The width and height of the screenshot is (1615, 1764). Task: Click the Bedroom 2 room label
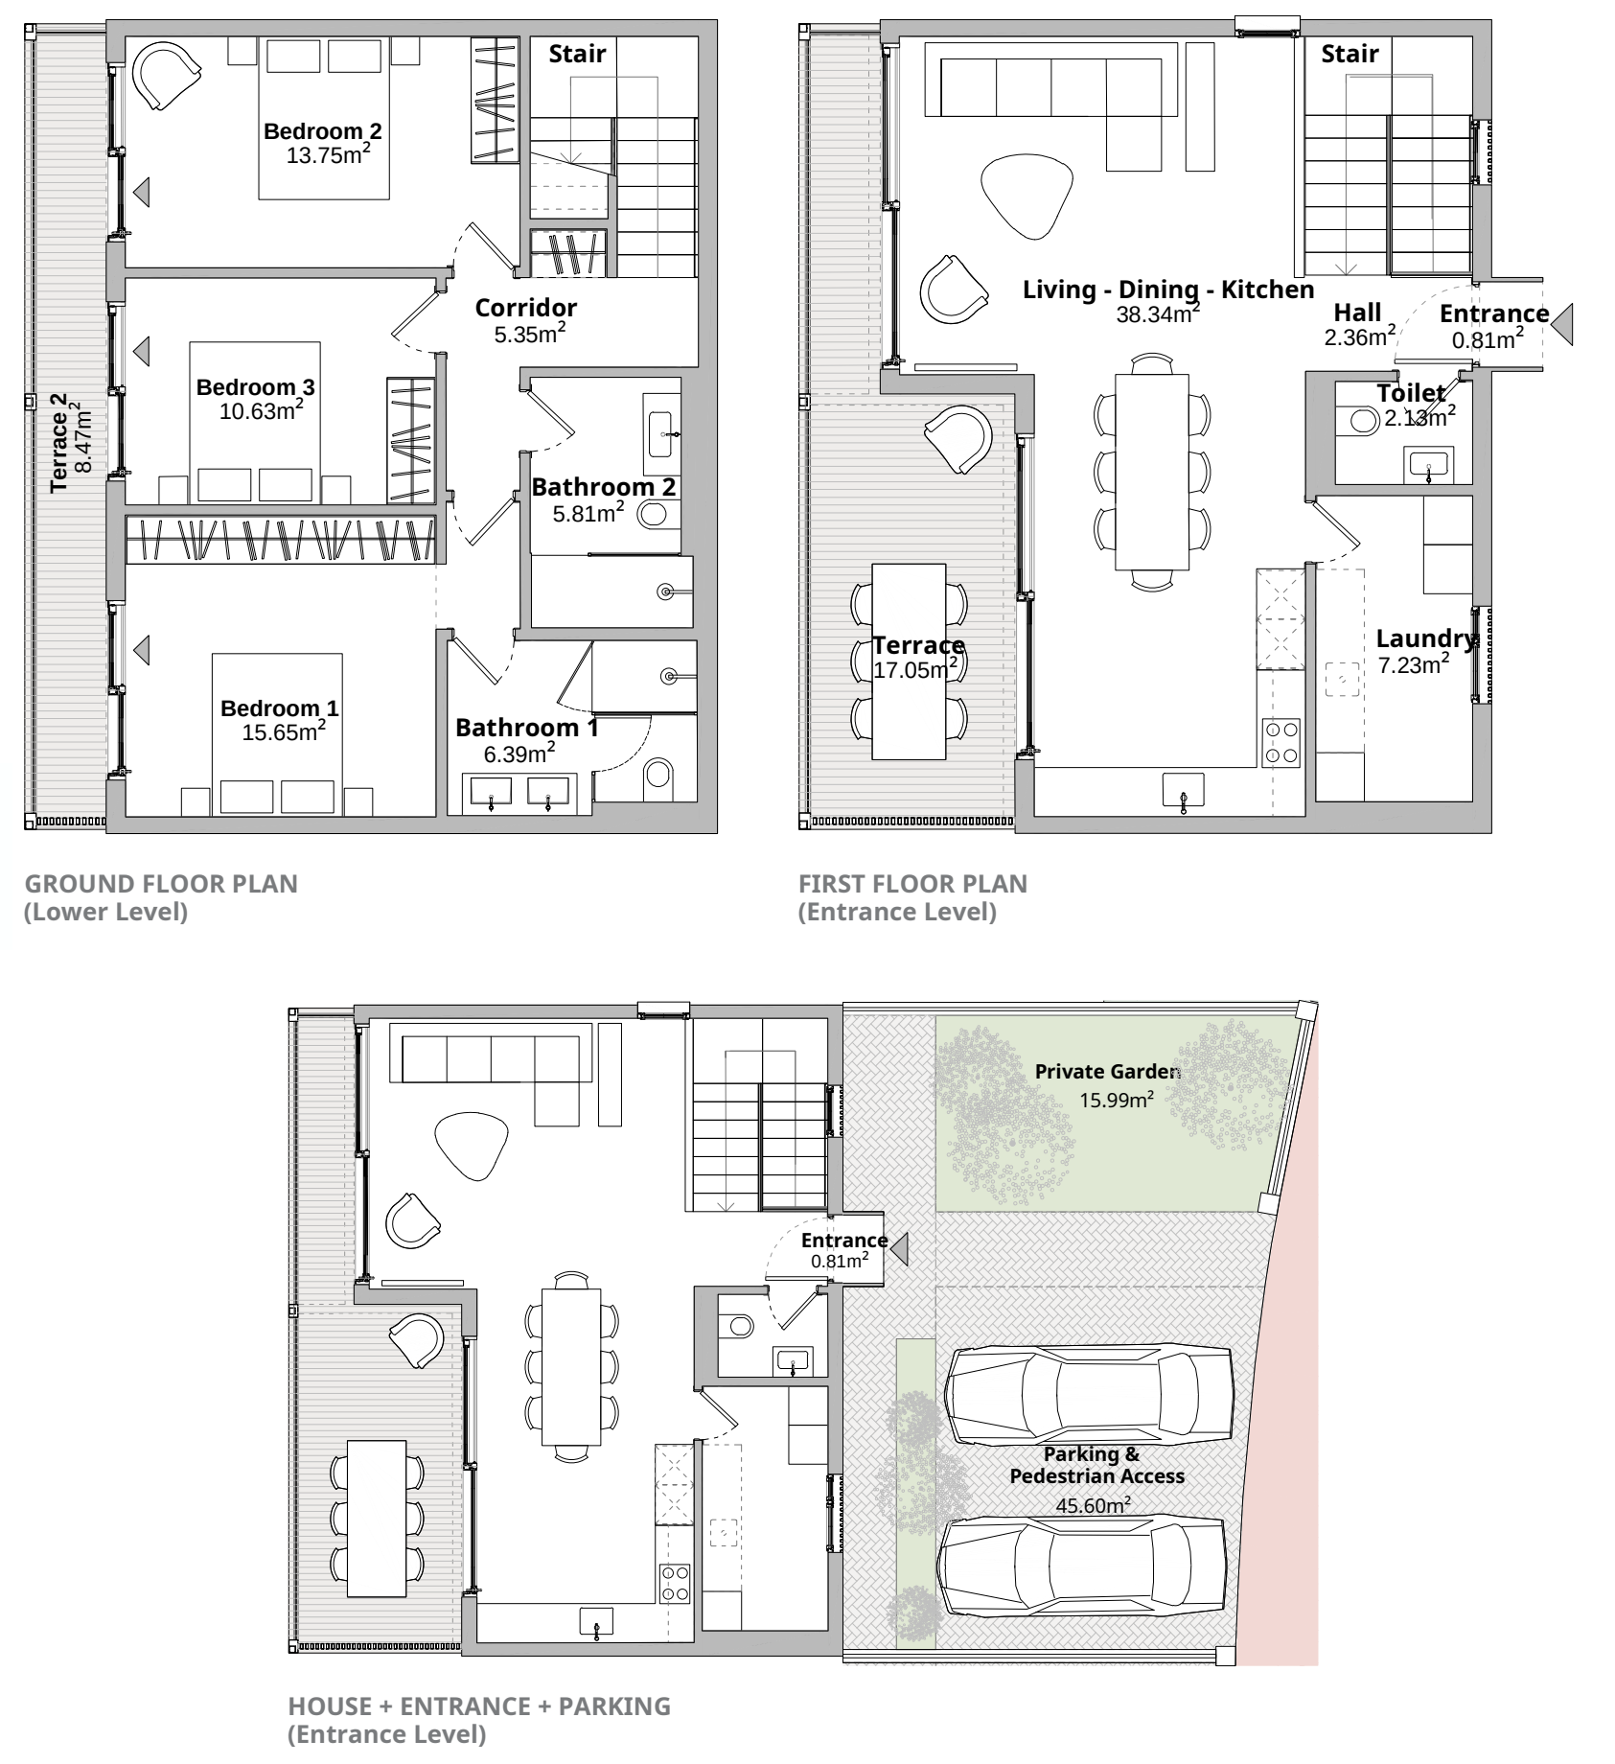323,131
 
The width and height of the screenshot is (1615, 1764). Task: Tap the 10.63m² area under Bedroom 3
262,410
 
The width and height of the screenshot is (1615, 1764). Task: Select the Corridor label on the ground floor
526,308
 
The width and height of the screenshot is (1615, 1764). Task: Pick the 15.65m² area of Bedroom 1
284,731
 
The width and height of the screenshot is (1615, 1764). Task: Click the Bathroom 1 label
527,728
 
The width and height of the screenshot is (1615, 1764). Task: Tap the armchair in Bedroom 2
166,77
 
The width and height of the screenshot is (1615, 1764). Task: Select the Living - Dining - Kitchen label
1168,290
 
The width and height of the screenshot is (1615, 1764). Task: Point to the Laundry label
1426,638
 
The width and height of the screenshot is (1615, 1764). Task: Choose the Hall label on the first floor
1357,313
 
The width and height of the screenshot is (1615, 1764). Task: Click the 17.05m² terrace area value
916,668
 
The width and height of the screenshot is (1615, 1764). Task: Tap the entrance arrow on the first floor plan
1563,324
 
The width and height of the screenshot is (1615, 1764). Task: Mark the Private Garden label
1107,1071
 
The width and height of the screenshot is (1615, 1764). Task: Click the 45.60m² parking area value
1093,1504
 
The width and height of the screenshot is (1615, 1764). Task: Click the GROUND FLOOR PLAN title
161,883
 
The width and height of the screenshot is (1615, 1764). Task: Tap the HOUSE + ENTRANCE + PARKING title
479,1706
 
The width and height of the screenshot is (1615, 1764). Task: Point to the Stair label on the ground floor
577,54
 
